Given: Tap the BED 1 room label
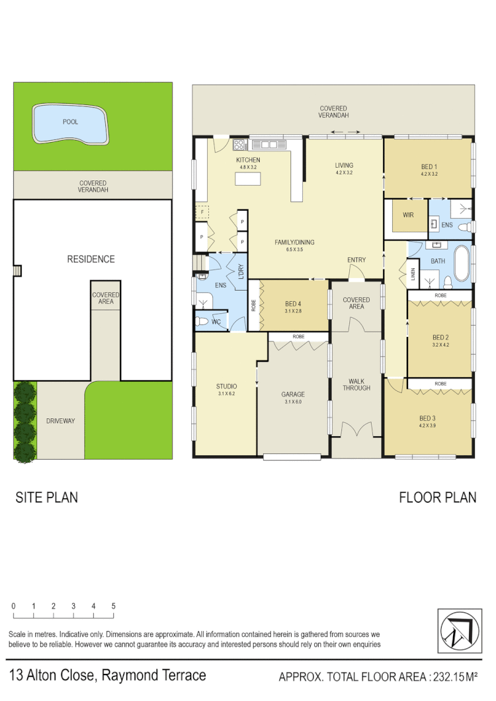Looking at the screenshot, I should (x=429, y=166).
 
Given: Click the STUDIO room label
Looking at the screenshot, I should (x=226, y=387).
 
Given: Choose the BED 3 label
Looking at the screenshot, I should (x=428, y=418).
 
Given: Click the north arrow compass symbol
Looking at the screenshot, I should (x=457, y=629).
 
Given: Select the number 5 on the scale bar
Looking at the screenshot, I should (x=114, y=606).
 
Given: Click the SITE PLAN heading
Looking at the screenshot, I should (x=46, y=498).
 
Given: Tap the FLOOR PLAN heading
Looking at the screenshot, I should (x=437, y=498).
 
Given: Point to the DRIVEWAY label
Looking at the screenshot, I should (x=60, y=420).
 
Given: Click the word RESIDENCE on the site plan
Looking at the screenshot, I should (x=91, y=259).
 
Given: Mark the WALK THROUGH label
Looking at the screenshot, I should (x=356, y=384).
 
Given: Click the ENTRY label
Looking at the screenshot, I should (x=356, y=260).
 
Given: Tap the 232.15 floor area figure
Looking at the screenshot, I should (x=450, y=677).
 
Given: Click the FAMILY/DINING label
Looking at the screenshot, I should (x=294, y=242).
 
